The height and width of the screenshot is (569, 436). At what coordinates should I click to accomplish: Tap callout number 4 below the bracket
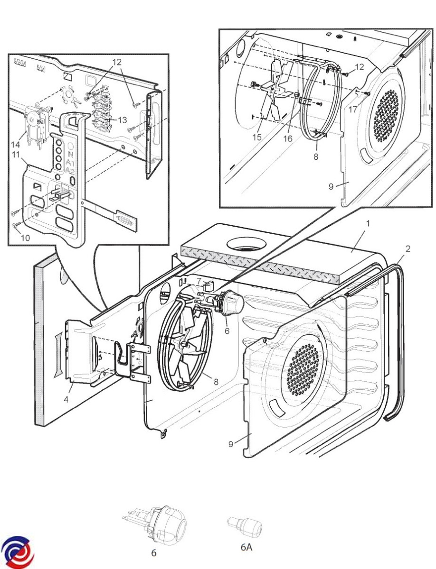(66, 399)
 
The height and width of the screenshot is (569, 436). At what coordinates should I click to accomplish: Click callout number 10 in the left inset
(25, 237)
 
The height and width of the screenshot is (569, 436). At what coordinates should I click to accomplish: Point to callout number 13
(123, 120)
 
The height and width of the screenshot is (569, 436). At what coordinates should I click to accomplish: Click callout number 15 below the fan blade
(257, 137)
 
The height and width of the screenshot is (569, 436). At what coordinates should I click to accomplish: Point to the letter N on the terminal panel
(70, 154)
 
